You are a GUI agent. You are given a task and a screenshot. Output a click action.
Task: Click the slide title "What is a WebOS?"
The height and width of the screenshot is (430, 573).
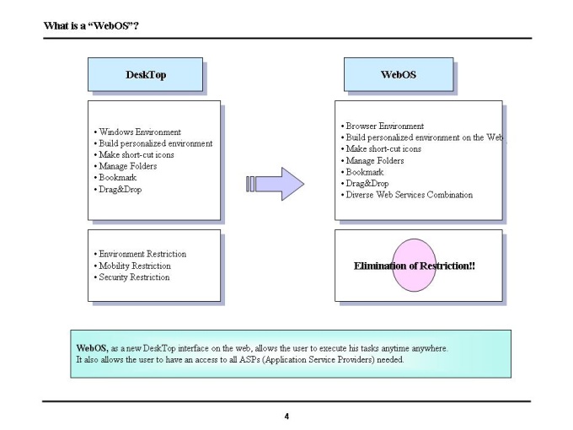click(x=91, y=25)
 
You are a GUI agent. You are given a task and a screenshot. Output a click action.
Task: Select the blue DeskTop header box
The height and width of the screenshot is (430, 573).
click(x=145, y=74)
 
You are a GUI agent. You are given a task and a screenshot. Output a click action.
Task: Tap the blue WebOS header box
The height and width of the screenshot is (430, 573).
click(x=399, y=74)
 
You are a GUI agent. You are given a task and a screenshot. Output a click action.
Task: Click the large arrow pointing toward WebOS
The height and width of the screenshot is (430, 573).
click(x=275, y=184)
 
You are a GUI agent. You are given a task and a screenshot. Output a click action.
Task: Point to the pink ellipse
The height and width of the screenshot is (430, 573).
click(x=414, y=265)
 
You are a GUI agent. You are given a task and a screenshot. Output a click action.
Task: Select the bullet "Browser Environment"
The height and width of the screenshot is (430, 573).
click(x=383, y=126)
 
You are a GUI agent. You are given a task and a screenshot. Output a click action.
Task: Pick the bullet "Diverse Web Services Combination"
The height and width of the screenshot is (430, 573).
click(x=407, y=195)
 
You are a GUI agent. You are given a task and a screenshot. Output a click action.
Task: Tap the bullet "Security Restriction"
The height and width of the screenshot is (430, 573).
click(x=131, y=277)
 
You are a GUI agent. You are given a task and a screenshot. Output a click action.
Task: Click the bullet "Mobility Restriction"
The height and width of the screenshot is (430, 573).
click(x=132, y=266)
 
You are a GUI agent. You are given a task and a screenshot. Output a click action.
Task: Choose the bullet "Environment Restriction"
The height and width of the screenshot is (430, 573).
click(x=140, y=254)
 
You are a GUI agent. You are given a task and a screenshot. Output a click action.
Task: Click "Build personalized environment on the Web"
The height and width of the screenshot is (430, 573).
click(x=422, y=137)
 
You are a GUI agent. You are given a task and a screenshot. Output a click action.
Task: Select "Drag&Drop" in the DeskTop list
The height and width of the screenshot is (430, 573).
click(x=118, y=190)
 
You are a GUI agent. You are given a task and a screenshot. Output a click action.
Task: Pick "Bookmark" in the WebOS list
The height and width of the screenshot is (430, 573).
click(x=362, y=172)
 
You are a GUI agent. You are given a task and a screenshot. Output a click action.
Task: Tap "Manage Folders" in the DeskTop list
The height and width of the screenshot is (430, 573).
click(x=126, y=166)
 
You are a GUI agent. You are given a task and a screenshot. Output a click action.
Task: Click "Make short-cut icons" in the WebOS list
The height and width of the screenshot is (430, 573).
click(x=381, y=149)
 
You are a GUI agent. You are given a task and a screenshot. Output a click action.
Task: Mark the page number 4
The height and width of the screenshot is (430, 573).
click(x=286, y=417)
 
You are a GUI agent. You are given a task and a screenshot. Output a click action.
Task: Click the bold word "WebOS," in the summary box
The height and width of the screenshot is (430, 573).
click(x=92, y=348)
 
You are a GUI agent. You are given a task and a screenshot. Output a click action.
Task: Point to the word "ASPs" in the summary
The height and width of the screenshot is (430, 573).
click(x=249, y=359)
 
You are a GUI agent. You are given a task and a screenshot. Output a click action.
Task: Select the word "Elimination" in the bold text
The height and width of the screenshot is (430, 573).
click(x=381, y=266)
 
